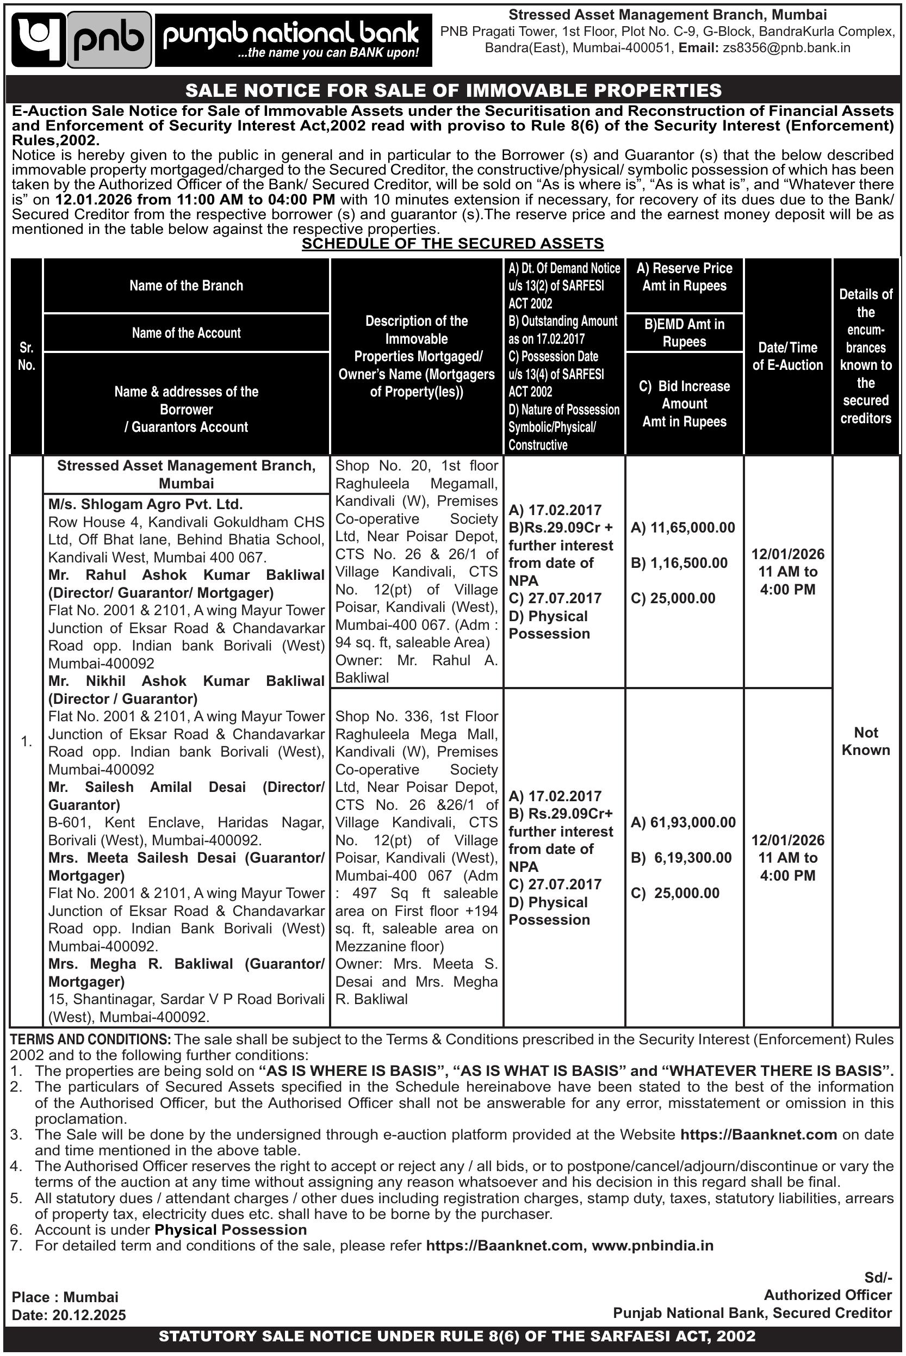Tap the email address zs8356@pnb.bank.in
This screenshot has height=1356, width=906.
coord(786,48)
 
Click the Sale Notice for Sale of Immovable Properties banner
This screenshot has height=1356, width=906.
coord(453,90)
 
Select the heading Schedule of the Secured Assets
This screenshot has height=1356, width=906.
coord(453,244)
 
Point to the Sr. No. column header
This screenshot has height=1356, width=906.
coord(27,356)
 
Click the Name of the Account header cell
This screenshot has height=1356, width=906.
coord(186,333)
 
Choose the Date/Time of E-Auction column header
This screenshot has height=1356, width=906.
coord(787,356)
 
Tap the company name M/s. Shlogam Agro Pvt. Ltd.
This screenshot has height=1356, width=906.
coord(146,504)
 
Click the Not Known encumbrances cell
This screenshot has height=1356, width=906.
coord(866,741)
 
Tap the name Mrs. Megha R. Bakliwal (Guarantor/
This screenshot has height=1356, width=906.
coord(186,964)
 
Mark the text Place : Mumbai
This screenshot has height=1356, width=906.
coord(65,1297)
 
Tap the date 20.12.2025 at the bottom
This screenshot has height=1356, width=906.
coord(89,1315)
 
